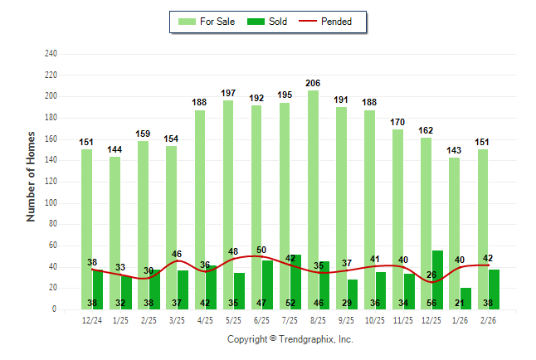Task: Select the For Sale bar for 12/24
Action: pyautogui.click(x=86, y=216)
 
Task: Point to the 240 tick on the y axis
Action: pyautogui.click(x=51, y=54)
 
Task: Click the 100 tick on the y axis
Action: pyautogui.click(x=51, y=203)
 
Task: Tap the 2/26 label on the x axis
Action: pyautogui.click(x=488, y=320)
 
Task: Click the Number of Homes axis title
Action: pyautogui.click(x=32, y=176)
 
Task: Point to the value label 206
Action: pyautogui.click(x=313, y=84)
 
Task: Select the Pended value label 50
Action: pyautogui.click(x=261, y=251)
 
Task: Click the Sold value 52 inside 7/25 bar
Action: pyautogui.click(x=290, y=304)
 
